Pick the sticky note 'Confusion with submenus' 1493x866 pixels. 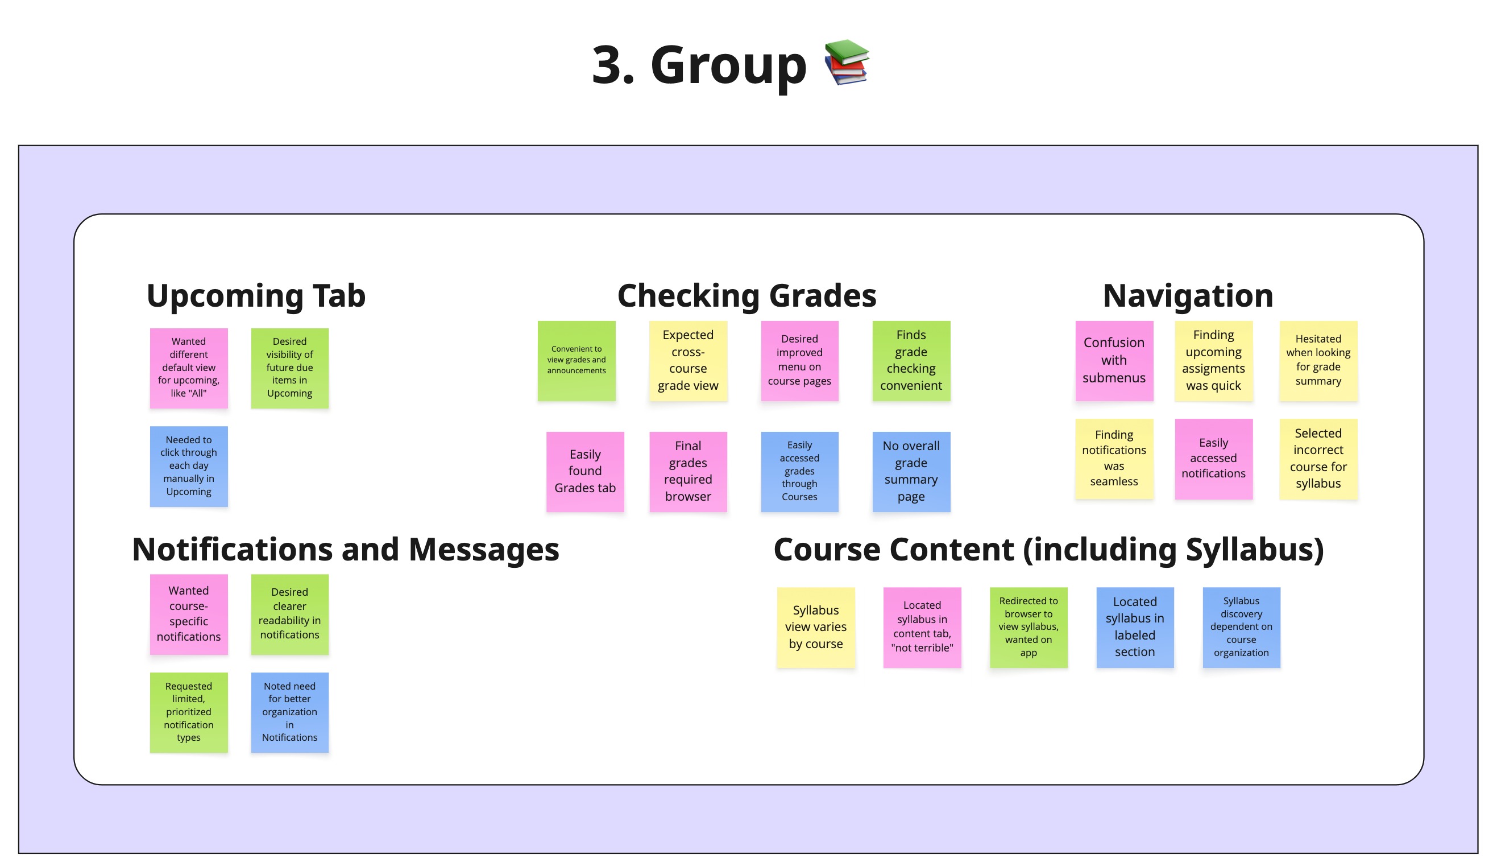pyautogui.click(x=1114, y=360)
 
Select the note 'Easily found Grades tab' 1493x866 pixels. pyautogui.click(x=585, y=471)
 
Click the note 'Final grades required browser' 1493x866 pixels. pyautogui.click(x=688, y=471)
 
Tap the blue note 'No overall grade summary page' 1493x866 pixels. pyautogui.click(x=911, y=471)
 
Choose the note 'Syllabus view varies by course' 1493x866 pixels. pyautogui.click(x=815, y=627)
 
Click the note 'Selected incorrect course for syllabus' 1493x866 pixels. pyautogui.click(x=1318, y=458)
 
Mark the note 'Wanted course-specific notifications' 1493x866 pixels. pyautogui.click(x=188, y=613)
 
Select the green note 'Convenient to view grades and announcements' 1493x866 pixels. pyautogui.click(x=576, y=360)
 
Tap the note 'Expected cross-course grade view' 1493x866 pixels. pyautogui.click(x=688, y=360)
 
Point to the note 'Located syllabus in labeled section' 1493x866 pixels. pyautogui.click(x=1135, y=627)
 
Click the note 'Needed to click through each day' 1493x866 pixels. pyautogui.click(x=188, y=466)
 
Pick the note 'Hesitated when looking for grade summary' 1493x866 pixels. pyautogui.click(x=1318, y=360)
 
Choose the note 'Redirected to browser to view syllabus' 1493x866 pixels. pyautogui.click(x=1028, y=627)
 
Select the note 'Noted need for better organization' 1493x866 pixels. pyautogui.click(x=289, y=712)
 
